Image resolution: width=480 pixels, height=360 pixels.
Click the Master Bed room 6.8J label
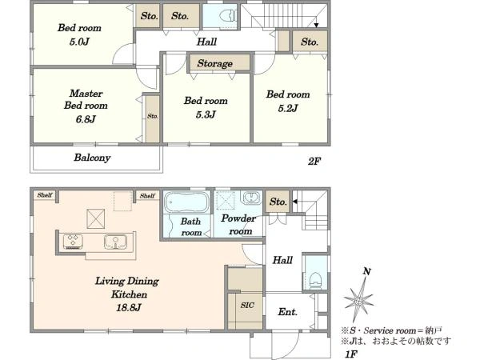86,106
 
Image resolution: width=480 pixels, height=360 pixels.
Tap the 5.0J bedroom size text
79,42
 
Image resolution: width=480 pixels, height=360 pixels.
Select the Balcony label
92,158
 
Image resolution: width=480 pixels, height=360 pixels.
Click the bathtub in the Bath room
186,202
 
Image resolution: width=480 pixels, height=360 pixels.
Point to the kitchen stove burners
73,242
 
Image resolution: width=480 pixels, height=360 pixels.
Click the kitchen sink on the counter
115,242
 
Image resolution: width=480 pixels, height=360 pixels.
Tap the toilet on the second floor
228,16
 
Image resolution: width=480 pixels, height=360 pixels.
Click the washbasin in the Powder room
251,198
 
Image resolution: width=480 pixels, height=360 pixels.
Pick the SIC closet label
247,305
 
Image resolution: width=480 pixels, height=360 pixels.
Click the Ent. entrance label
287,312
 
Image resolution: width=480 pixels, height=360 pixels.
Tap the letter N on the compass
366,271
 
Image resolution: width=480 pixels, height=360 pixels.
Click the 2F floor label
314,161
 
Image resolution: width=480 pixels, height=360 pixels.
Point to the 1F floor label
351,354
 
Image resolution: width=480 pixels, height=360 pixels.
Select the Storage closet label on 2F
214,63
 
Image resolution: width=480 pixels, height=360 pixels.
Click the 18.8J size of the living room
129,307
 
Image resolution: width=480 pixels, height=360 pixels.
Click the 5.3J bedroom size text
206,114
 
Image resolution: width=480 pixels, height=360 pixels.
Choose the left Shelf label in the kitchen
45,195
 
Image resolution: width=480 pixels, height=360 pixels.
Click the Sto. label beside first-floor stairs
278,202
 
